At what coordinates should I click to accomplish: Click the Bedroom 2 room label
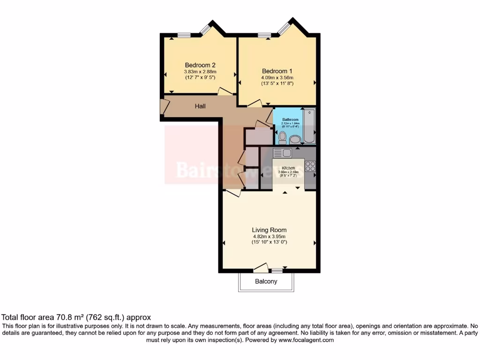[200, 65]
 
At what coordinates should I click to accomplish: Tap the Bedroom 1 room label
[277, 71]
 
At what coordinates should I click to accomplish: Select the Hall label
[200, 106]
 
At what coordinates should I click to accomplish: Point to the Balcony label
[266, 282]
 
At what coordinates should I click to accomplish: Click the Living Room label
[269, 230]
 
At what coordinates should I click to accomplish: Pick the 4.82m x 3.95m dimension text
[269, 236]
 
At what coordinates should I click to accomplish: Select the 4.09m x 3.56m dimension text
[277, 77]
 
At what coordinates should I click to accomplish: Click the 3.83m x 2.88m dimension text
[200, 72]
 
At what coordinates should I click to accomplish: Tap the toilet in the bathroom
[282, 137]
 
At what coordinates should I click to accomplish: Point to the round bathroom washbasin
[295, 139]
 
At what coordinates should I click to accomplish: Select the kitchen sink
[282, 153]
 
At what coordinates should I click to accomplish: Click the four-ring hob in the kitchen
[310, 166]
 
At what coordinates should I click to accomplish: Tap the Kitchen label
[288, 168]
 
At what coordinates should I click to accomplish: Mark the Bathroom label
[290, 120]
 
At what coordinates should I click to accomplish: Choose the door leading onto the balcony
[261, 268]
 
